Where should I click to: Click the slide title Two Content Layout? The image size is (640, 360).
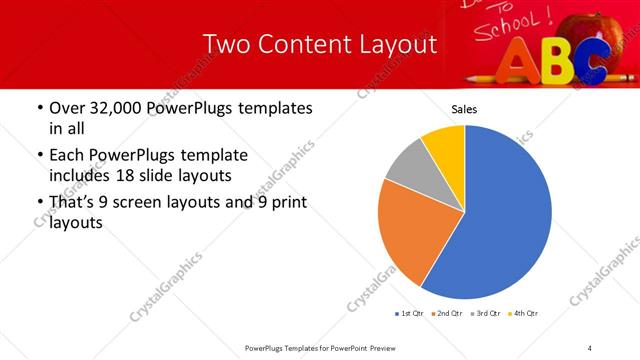click(x=319, y=45)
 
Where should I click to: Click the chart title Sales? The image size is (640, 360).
click(x=464, y=108)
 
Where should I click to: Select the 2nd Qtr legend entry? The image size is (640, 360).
click(x=446, y=314)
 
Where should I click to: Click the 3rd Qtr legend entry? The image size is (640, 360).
click(x=486, y=314)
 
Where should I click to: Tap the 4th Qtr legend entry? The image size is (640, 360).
click(x=524, y=314)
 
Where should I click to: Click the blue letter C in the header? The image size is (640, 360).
click(x=591, y=61)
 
